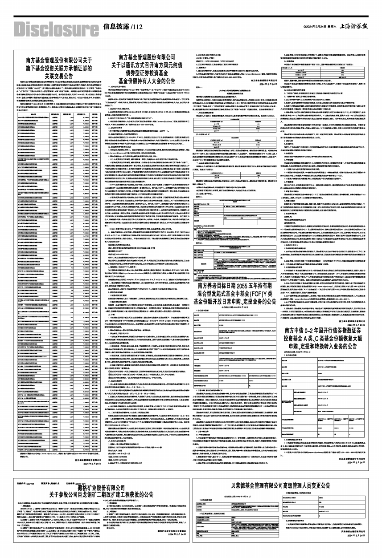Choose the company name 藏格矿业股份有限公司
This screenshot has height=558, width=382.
(100, 489)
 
